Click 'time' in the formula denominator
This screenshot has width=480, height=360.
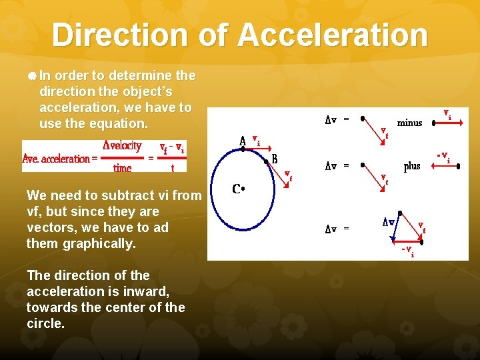pyautogui.click(x=122, y=168)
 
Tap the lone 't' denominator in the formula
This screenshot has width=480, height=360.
pyautogui.click(x=173, y=168)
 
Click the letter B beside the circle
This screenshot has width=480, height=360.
pyautogui.click(x=274, y=159)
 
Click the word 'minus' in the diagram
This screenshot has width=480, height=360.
pyautogui.click(x=409, y=123)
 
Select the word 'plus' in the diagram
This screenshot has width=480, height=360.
pyautogui.click(x=411, y=166)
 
